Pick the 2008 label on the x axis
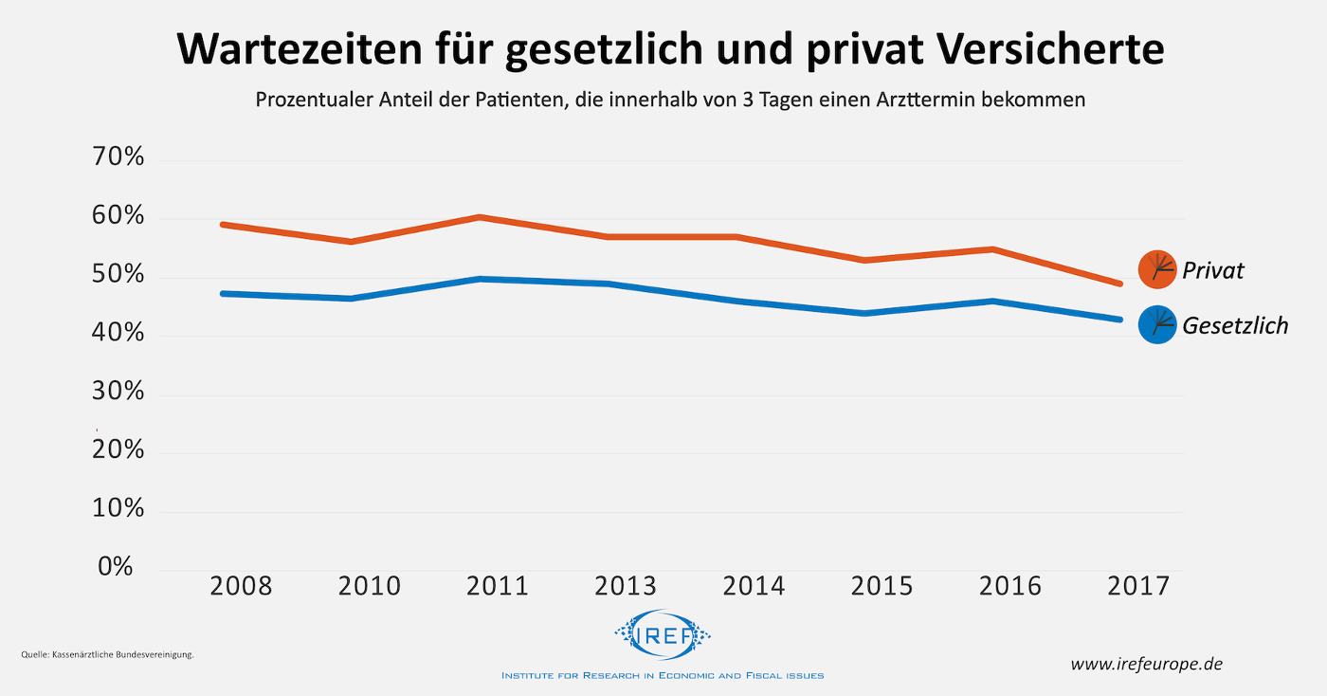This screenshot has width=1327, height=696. (241, 586)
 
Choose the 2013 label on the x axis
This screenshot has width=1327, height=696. (626, 586)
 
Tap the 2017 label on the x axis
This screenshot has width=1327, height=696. (1138, 586)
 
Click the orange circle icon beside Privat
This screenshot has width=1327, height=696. (1156, 269)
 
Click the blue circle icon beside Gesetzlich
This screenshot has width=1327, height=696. (1156, 325)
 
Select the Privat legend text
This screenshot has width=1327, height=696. (1212, 270)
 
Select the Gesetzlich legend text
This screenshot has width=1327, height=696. (1235, 326)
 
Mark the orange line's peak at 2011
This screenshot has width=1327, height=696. (481, 217)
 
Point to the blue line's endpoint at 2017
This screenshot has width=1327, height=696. (1119, 320)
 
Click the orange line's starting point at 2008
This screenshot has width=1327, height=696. (222, 225)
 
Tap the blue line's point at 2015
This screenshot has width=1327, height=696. (864, 313)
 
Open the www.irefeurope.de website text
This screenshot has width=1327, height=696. (1146, 664)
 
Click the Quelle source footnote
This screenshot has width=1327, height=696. (107, 654)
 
